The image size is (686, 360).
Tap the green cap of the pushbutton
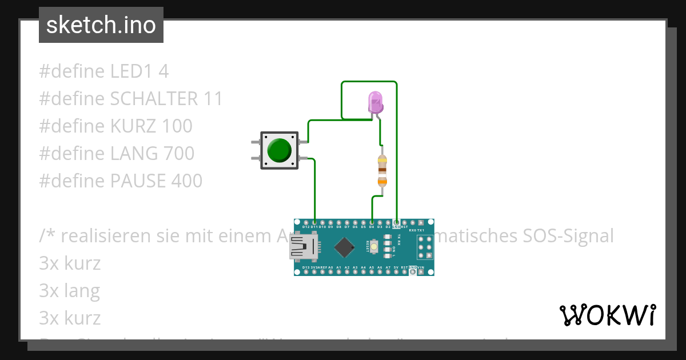(x=279, y=150)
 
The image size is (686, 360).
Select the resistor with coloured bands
(x=382, y=170)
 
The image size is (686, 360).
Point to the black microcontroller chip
(x=345, y=247)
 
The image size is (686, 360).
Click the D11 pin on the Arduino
(x=314, y=222)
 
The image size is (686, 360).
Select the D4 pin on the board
(x=372, y=222)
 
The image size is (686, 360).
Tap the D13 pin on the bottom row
(x=306, y=271)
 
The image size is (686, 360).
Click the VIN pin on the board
(x=421, y=271)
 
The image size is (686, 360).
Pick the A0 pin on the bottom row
(x=330, y=271)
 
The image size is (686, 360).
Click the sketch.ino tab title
(x=101, y=25)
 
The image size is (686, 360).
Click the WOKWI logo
(x=608, y=315)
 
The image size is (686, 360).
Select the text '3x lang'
(x=69, y=291)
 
